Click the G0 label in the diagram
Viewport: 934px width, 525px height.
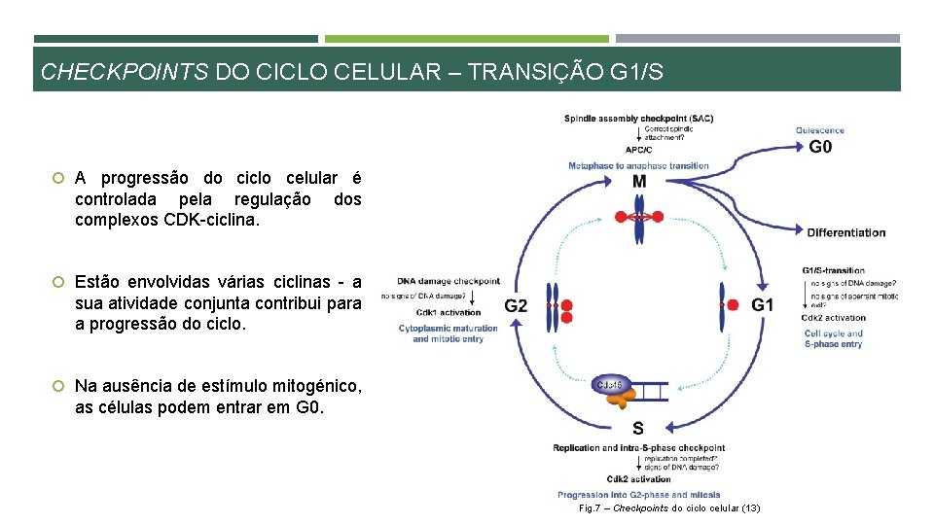point(820,148)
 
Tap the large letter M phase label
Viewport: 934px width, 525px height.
point(638,182)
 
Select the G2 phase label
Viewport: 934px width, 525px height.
point(516,305)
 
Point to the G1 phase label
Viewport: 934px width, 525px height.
point(763,305)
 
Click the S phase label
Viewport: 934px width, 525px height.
point(637,428)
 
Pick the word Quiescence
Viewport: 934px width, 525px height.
point(819,130)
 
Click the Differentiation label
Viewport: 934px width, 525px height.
point(846,232)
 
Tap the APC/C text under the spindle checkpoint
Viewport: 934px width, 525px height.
point(638,150)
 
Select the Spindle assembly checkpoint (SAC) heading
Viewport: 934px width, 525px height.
point(638,119)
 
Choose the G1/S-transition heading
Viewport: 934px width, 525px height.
point(833,270)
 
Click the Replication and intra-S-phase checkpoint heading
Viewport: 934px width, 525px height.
point(638,448)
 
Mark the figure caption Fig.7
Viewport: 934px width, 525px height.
point(669,508)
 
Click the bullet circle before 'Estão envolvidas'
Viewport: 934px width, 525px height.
point(58,282)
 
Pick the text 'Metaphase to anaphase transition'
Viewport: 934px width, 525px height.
point(638,165)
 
